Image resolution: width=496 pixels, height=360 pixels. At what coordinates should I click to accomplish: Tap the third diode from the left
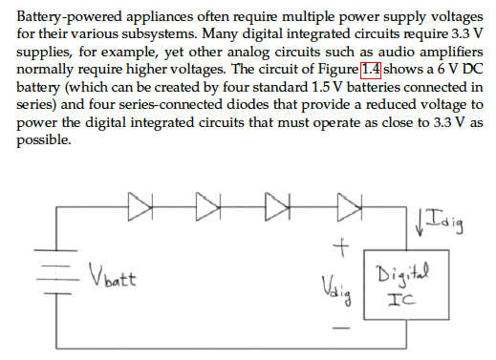(276, 203)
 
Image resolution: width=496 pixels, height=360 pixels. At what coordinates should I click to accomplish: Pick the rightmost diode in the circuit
(346, 203)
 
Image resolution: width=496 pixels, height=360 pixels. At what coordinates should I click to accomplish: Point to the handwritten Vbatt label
(112, 280)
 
